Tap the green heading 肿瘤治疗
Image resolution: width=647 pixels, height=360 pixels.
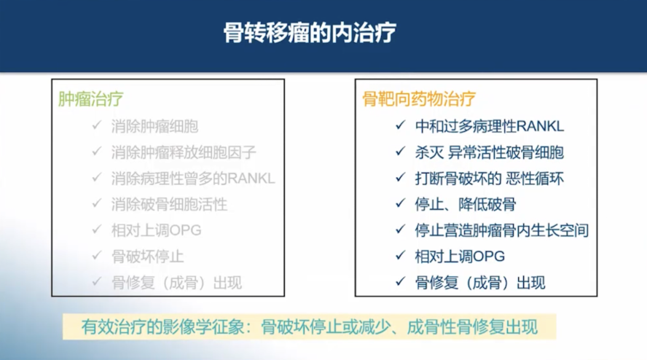coord(90,98)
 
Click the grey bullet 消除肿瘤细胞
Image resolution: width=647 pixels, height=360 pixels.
coord(154,126)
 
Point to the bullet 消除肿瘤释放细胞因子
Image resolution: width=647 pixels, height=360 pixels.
coord(184,152)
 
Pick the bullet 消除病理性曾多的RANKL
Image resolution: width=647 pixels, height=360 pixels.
coord(193,179)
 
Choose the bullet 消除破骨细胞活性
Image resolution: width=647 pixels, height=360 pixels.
coord(169,204)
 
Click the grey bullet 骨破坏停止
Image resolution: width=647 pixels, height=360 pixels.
coord(147,257)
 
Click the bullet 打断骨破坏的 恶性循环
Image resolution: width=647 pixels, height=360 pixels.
coord(489,179)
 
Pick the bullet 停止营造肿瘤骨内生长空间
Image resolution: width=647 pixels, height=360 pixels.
coord(502,230)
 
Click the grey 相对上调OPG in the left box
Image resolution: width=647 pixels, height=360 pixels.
coord(156,230)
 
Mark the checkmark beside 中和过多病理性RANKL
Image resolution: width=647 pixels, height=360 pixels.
coord(399,125)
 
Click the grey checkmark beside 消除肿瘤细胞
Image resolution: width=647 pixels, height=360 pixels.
coord(96,125)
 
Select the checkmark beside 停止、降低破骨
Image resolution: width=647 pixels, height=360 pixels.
coord(399,203)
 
